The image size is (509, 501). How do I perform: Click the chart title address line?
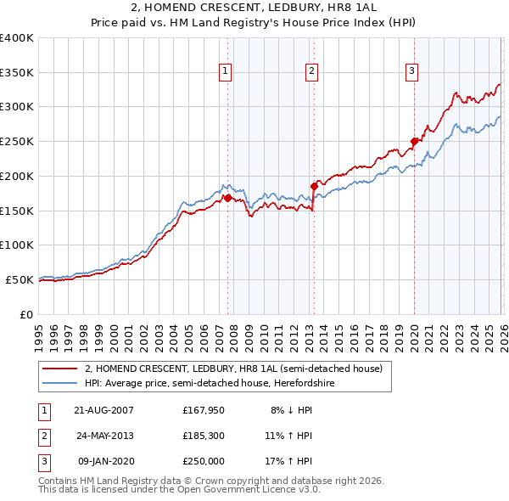255,8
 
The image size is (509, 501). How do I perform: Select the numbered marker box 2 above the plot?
312,72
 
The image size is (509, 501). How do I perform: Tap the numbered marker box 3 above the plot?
411,72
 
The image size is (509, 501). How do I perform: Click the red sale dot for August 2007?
227,198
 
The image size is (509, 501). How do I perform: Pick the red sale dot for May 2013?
314,185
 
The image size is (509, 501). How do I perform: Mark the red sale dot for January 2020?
414,141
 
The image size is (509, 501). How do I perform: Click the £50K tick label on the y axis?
20,279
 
